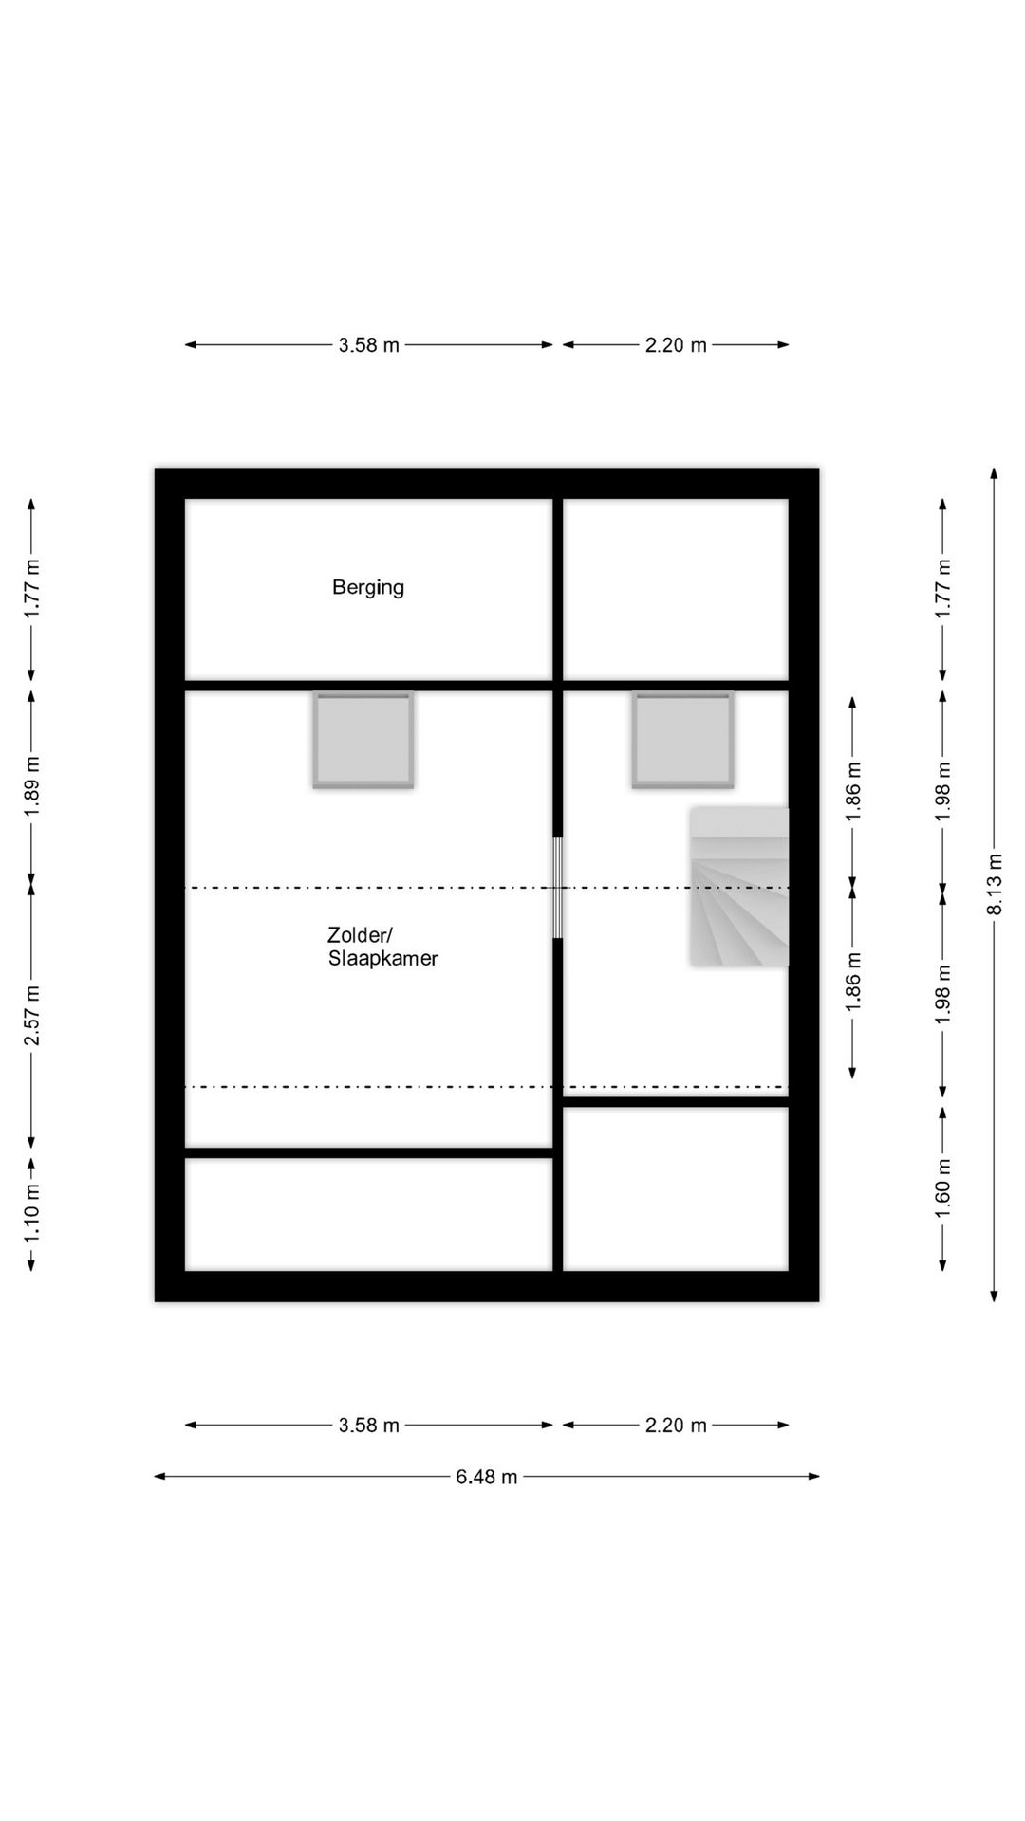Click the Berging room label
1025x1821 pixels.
[x=368, y=588]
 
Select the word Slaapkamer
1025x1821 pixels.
[x=383, y=959]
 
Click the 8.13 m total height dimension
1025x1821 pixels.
[x=995, y=884]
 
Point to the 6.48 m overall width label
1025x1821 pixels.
[x=487, y=1477]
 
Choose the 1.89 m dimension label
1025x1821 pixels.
[x=32, y=785]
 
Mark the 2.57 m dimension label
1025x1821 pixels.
[x=32, y=1015]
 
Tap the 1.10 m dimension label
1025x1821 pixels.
[x=32, y=1212]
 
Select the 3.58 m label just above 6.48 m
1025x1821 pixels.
[x=369, y=1426]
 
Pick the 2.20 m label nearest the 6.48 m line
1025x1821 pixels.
[x=677, y=1426]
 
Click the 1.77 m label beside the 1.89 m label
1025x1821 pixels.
[x=32, y=589]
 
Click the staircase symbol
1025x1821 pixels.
[x=739, y=887]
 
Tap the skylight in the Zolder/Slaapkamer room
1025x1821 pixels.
[x=363, y=740]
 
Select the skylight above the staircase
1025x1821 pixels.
[x=683, y=740]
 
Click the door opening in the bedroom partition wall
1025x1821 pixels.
[x=558, y=888]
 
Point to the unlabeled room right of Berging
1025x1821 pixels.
[x=676, y=589]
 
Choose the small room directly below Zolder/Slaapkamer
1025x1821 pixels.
[x=368, y=1214]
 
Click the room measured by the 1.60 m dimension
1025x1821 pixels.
[x=676, y=1188]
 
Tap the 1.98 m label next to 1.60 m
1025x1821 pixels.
[x=943, y=994]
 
